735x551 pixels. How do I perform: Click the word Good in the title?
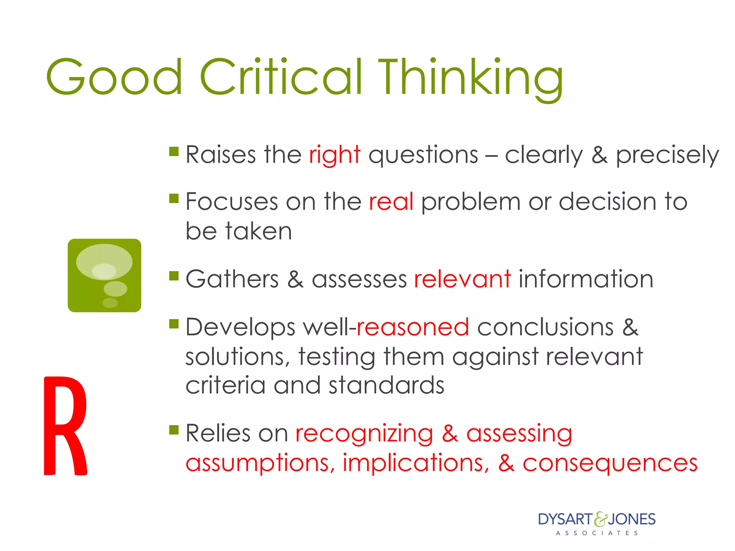point(114,77)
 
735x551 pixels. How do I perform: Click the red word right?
point(334,155)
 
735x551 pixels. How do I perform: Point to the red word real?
point(391,202)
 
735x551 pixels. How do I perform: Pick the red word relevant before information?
point(462,279)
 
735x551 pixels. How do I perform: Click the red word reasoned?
point(413,327)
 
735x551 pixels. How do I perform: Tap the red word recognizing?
point(364,434)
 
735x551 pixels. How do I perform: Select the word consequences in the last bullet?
point(610,463)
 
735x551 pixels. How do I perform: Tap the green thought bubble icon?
point(104,275)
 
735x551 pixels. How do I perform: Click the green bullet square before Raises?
point(174,151)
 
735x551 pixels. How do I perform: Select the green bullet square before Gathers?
point(174,276)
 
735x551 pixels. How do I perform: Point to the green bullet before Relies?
point(174,429)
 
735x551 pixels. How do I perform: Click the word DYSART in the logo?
point(565,519)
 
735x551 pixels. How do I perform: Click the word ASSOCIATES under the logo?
point(597,533)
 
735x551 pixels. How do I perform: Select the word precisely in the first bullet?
point(668,155)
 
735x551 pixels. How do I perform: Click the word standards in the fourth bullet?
point(386,386)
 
